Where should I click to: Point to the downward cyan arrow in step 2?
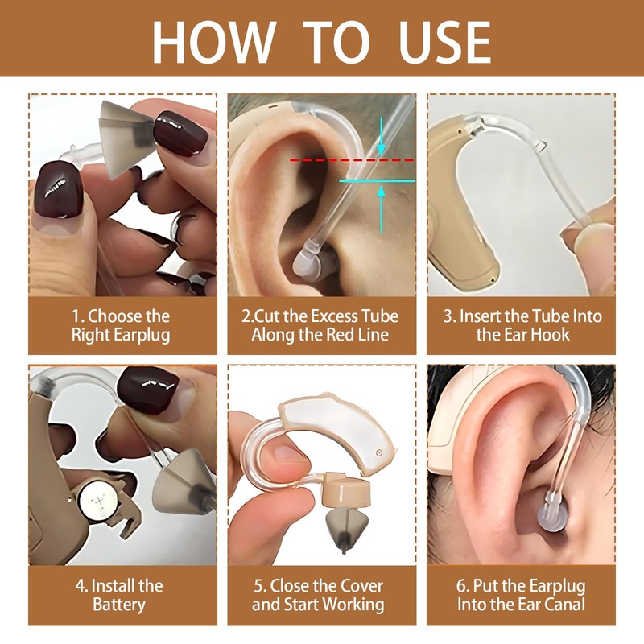(x=381, y=146)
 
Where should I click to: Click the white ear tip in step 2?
(x=307, y=261)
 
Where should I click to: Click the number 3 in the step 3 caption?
(x=449, y=316)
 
